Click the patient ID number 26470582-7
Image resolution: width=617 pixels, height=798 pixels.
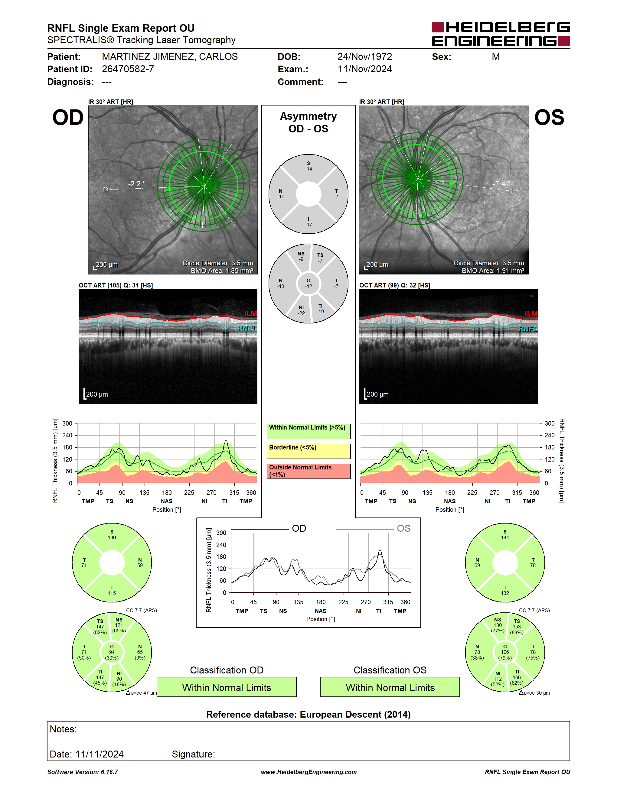(128, 69)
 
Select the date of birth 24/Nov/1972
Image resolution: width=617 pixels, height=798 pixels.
(364, 57)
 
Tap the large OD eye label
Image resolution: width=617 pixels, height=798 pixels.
(68, 118)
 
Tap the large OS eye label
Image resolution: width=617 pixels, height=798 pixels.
(549, 118)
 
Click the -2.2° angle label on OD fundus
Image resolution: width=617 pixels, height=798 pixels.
(137, 184)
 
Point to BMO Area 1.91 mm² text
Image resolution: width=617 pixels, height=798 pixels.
(493, 271)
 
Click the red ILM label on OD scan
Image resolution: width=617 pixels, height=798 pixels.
(250, 314)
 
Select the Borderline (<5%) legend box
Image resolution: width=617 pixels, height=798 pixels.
(308, 451)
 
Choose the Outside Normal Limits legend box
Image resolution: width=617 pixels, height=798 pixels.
(308, 471)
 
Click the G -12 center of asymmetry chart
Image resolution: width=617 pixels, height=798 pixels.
(308, 284)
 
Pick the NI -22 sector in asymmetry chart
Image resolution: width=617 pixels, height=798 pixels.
(301, 310)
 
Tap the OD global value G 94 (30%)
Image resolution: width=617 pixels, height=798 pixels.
(112, 652)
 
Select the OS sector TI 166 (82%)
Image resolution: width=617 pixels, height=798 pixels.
(517, 677)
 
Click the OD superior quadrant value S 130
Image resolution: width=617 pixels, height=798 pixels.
(112, 535)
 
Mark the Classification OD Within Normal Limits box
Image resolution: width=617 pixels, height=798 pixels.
(227, 687)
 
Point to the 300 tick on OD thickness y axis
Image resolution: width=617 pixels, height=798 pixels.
(67, 423)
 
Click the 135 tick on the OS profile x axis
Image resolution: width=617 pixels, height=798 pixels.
(427, 492)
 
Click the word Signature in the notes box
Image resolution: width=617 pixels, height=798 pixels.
(193, 754)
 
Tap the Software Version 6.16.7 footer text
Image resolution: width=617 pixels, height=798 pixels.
(83, 772)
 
